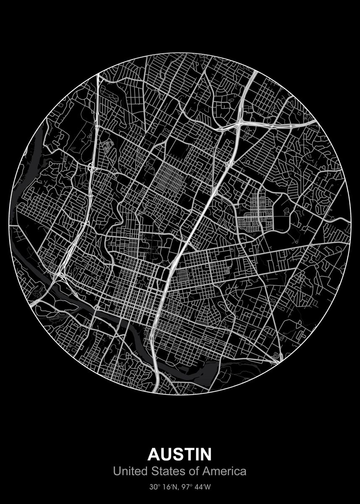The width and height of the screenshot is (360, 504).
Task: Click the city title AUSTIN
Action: coord(180,454)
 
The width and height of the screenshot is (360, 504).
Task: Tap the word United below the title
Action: coord(128,472)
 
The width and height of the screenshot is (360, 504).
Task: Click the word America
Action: coord(225,472)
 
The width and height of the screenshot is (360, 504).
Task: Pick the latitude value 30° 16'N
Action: coord(163,488)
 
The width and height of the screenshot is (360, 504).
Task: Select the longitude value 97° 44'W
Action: coord(196,488)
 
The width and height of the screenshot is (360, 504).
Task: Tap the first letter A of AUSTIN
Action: coord(154,454)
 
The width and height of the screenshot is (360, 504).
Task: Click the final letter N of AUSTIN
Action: coord(205,454)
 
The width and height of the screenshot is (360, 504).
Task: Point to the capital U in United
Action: coord(116,472)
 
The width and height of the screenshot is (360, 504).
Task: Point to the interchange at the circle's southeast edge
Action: coord(276,360)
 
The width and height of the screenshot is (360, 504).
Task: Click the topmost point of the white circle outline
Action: coord(180,53)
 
